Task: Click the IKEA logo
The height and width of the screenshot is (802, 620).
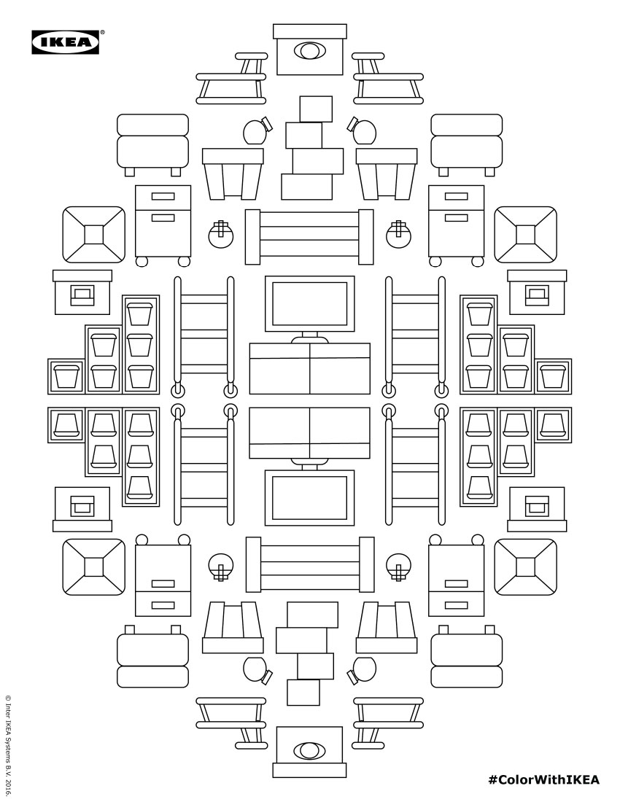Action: click(x=66, y=42)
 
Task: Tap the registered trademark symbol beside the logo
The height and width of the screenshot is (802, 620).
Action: click(x=102, y=31)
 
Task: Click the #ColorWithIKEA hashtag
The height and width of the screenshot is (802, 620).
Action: click(x=544, y=779)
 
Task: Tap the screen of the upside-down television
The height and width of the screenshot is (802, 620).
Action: click(x=309, y=498)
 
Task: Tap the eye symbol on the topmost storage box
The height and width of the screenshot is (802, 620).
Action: click(x=309, y=50)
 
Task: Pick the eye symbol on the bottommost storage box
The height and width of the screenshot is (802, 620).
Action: click(x=309, y=750)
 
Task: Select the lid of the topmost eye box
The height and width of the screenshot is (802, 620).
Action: click(x=309, y=31)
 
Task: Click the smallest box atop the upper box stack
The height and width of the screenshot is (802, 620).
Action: click(x=316, y=109)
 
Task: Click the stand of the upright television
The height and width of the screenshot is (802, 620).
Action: click(x=309, y=338)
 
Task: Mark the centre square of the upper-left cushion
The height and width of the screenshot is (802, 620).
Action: click(x=93, y=235)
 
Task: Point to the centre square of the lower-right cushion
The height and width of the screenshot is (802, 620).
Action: click(x=525, y=567)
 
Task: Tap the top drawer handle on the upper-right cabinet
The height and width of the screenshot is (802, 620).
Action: click(x=457, y=196)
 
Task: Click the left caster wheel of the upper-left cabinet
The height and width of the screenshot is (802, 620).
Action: click(x=142, y=261)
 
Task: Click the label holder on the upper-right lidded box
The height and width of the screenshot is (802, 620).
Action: click(x=537, y=296)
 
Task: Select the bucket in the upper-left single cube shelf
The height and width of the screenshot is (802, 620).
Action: click(x=66, y=376)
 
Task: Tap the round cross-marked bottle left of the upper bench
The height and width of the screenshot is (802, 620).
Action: click(x=221, y=234)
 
